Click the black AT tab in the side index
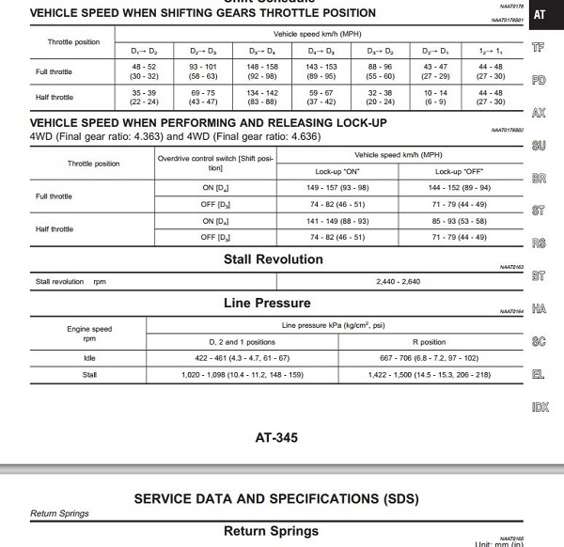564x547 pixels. (539, 14)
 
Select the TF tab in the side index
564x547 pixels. (539, 47)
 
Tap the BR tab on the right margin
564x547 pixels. (539, 178)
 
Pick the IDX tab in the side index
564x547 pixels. (539, 407)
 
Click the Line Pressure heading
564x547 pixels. (267, 303)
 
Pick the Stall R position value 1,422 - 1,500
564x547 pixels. (430, 374)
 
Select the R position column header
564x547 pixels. (430, 341)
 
